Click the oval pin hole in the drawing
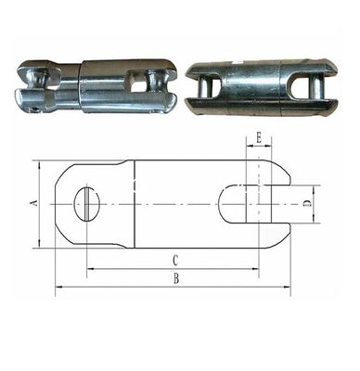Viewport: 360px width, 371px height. [84, 203]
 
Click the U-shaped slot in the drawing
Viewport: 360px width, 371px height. [243, 203]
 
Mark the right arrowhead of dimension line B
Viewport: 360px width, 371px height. [287, 288]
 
